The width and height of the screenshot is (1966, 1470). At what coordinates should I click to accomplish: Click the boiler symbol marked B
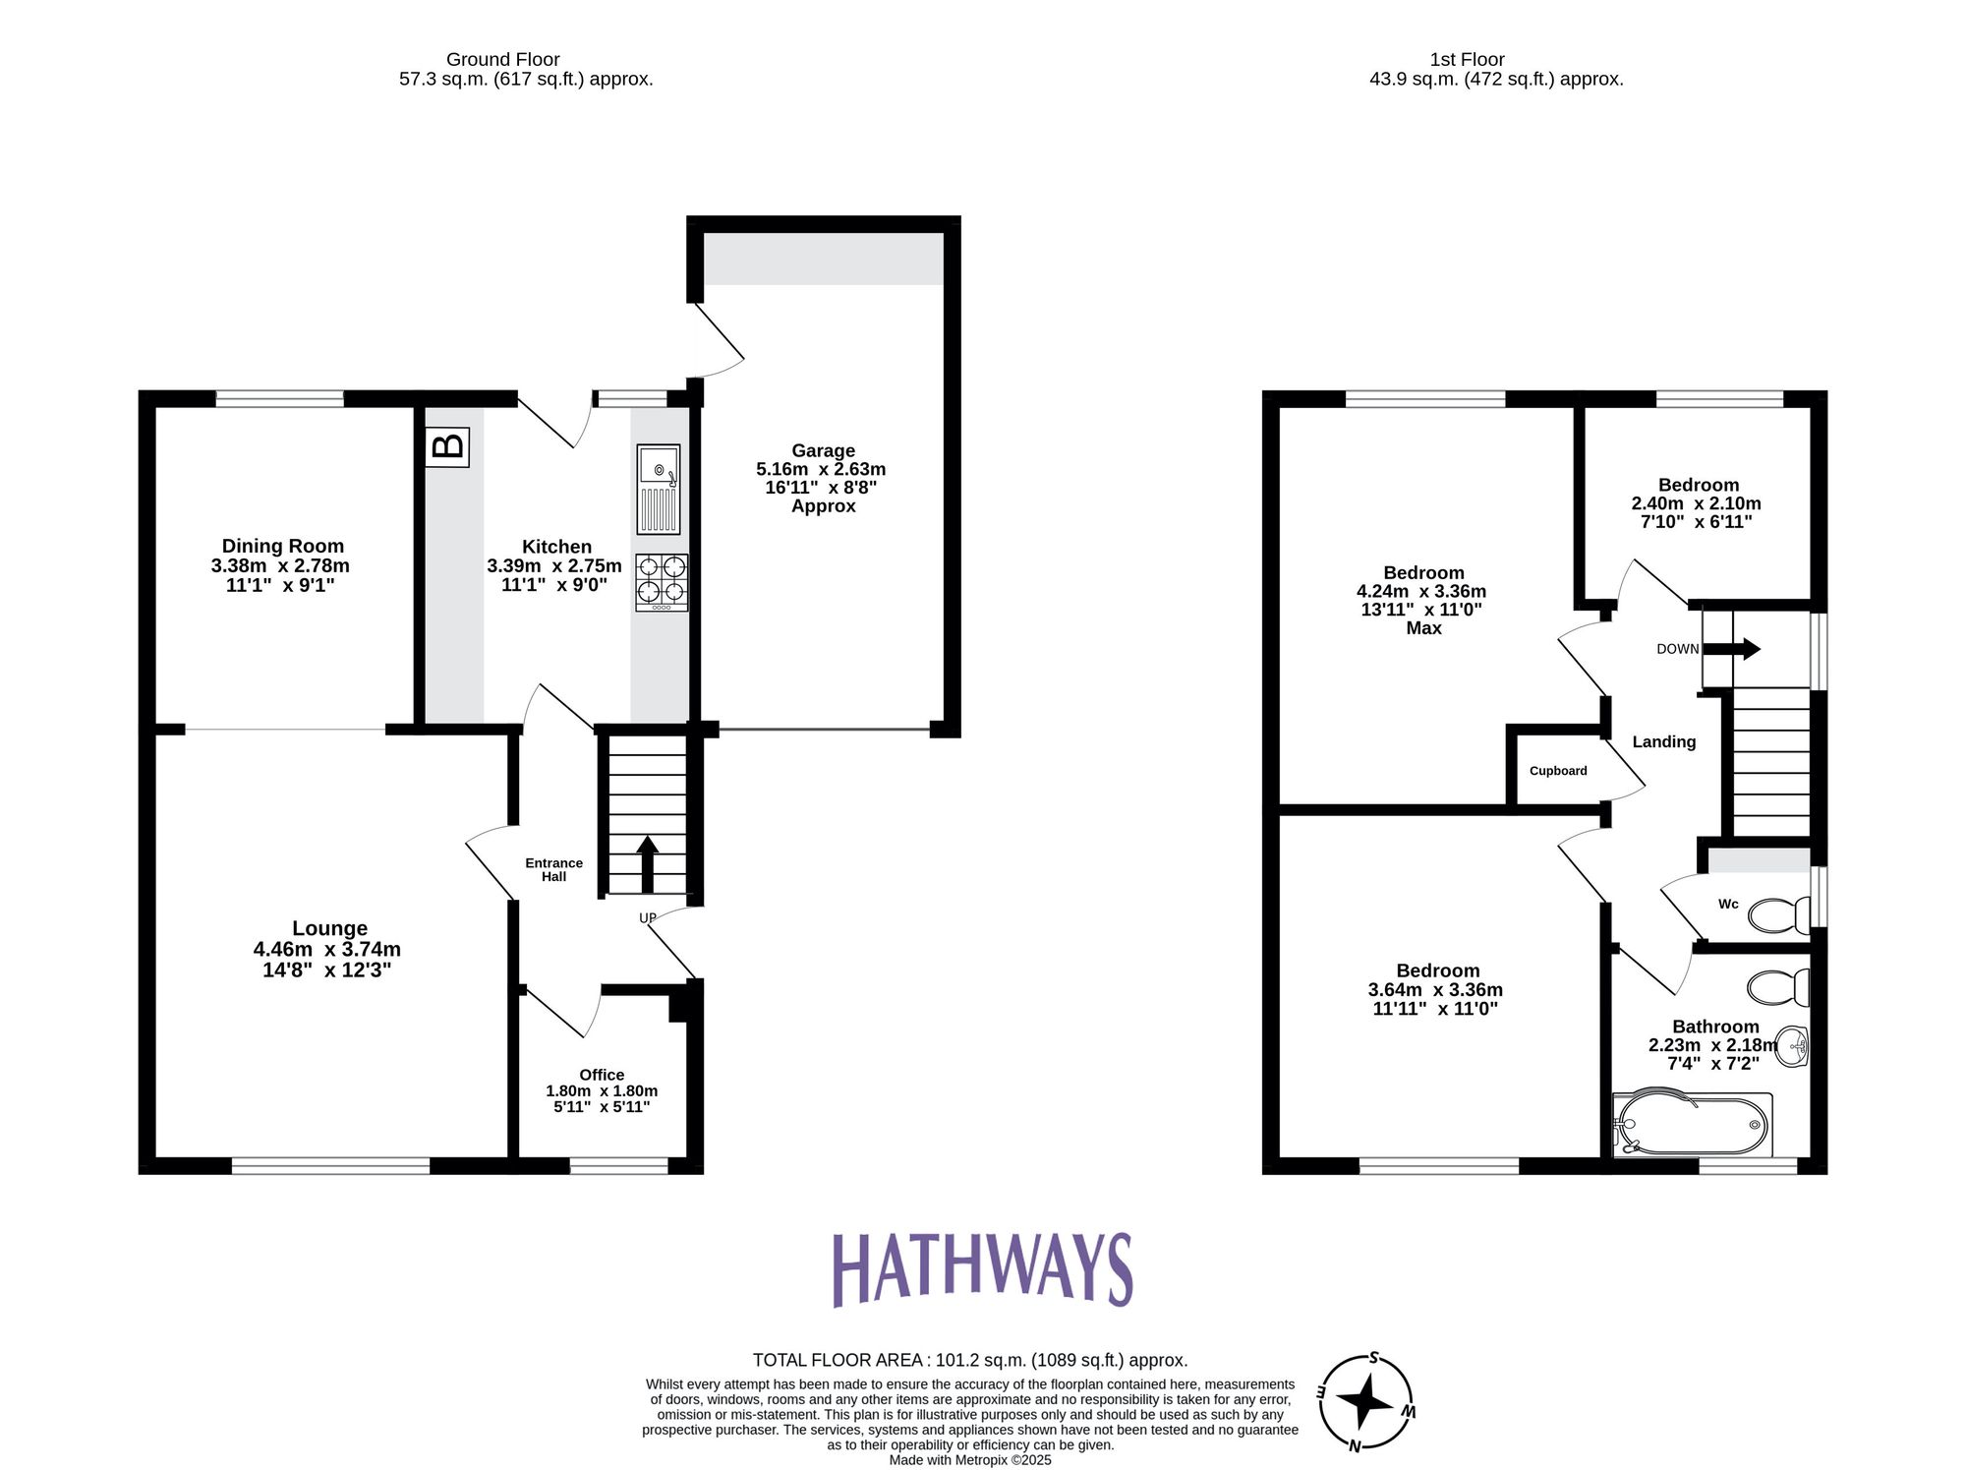click(x=447, y=446)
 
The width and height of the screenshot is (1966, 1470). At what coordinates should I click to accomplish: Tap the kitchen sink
click(x=659, y=489)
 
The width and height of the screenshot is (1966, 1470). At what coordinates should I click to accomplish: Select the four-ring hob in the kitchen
click(x=662, y=582)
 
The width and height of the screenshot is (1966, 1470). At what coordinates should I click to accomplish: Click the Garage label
click(x=823, y=451)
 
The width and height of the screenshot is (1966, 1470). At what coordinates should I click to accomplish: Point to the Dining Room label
click(x=282, y=546)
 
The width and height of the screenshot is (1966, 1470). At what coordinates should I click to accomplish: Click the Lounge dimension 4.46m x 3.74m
click(x=326, y=950)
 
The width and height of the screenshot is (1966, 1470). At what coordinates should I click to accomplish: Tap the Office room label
click(x=602, y=1075)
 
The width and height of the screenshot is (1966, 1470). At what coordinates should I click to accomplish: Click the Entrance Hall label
click(x=553, y=869)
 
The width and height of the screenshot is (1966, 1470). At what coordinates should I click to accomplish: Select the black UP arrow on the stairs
click(x=647, y=863)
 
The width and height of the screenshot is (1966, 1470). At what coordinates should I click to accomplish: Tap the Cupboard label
click(x=1558, y=771)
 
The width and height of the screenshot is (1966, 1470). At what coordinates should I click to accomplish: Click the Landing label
click(x=1663, y=742)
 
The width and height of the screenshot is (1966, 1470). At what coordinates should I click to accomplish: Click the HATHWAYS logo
click(x=982, y=1269)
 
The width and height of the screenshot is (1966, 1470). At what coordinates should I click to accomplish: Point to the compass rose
click(x=1365, y=1402)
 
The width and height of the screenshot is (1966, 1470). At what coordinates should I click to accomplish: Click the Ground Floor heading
click(x=502, y=60)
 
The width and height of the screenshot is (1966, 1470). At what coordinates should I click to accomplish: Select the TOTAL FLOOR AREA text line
click(x=969, y=1360)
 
